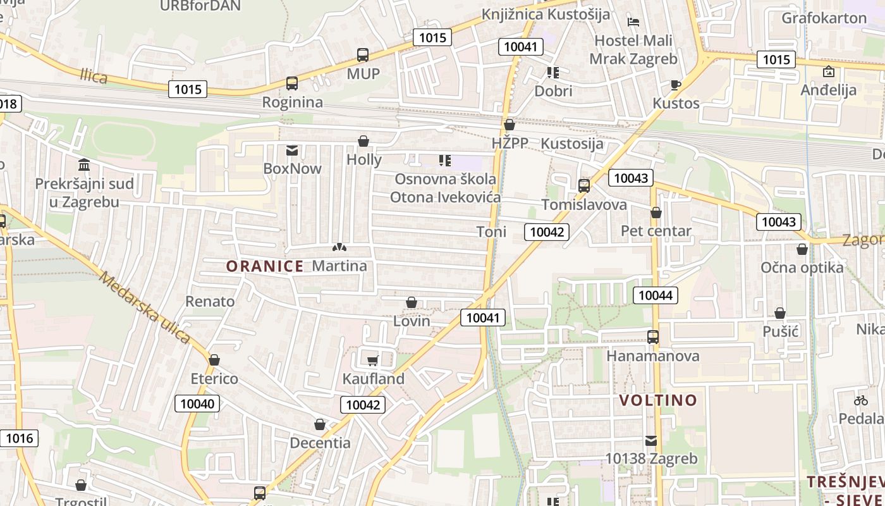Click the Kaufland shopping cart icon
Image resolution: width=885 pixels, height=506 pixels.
point(373,361)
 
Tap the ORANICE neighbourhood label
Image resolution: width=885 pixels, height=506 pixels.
point(265,266)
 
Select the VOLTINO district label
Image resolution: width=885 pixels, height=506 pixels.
point(658,400)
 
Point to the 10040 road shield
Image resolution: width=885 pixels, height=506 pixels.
point(197,404)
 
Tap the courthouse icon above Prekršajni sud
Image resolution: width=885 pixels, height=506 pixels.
point(84,165)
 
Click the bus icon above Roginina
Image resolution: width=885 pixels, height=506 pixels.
point(291,83)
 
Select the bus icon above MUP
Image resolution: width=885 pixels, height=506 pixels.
point(363,55)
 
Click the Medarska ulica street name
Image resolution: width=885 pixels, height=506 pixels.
point(144,308)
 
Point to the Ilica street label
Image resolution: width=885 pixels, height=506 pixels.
point(94,77)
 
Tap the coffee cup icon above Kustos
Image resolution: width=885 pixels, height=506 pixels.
point(675,85)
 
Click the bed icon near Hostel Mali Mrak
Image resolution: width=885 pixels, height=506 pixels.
point(633,22)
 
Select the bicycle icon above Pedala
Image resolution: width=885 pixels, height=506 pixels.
point(860,400)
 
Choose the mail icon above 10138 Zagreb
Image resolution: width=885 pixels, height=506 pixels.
point(651,440)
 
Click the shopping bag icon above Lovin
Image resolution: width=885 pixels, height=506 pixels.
point(412,303)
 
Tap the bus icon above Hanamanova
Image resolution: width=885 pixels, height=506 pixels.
point(653,337)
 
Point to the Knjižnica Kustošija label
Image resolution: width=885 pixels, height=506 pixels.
point(546,14)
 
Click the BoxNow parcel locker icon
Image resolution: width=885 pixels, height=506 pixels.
point(292,151)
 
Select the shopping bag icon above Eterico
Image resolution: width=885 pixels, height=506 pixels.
point(214,360)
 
